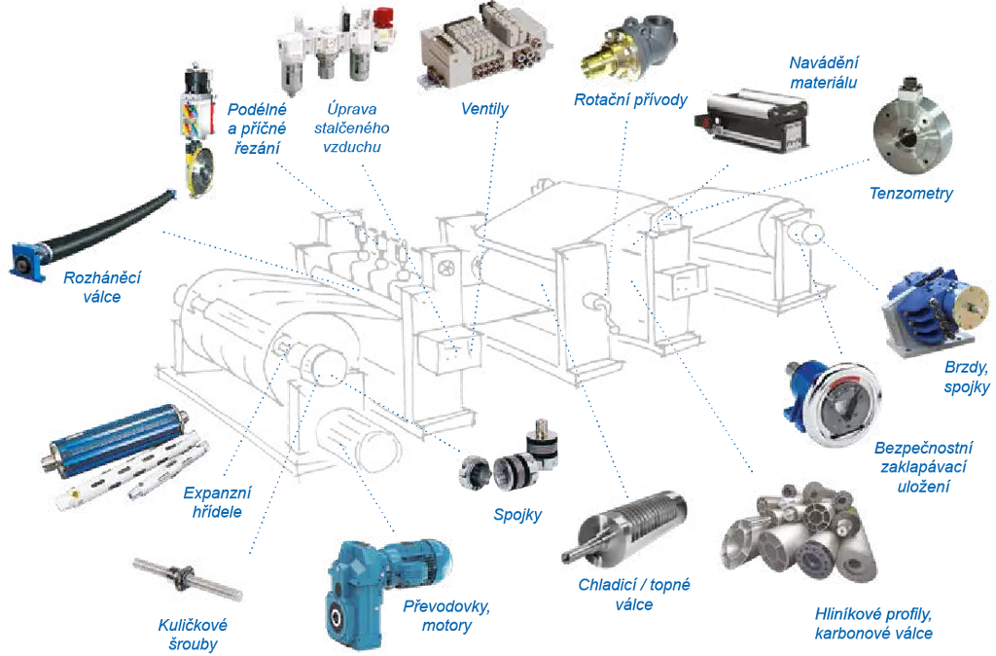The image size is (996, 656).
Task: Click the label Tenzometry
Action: (910, 194)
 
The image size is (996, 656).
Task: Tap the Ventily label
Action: (484, 109)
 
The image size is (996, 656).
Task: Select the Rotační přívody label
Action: (630, 100)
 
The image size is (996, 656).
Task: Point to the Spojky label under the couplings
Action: (517, 515)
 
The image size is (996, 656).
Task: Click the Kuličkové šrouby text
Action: (193, 635)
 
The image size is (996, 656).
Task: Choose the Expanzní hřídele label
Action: (217, 502)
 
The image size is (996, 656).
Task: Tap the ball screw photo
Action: (188, 578)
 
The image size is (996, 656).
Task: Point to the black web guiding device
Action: (752, 121)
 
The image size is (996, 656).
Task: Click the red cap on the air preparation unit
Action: (383, 16)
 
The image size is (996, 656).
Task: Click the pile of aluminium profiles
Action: (800, 532)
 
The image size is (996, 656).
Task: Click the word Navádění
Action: (823, 63)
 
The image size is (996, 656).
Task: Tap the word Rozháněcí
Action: (102, 277)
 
